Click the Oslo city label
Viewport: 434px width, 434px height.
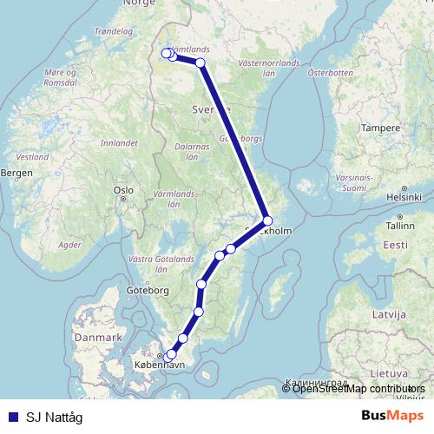[x=122, y=189]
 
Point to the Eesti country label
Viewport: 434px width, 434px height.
[x=395, y=246]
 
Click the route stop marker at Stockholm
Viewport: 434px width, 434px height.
[x=268, y=220]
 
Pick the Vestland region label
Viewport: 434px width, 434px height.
[x=32, y=157]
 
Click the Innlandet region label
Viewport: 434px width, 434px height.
[x=120, y=141]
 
